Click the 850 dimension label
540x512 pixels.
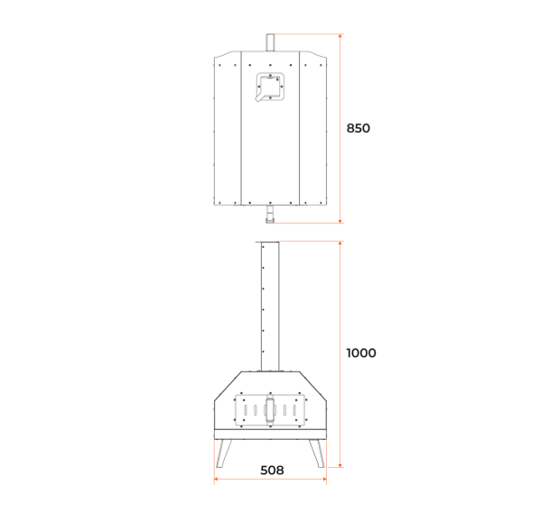(x=358, y=128)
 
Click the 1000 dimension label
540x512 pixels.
(x=361, y=353)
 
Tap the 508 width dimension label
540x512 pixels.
(x=272, y=471)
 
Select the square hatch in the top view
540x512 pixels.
(x=271, y=87)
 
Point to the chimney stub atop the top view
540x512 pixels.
(x=270, y=42)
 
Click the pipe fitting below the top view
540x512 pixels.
(x=270, y=214)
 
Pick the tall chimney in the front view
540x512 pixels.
(x=270, y=306)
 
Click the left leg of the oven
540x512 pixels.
(x=224, y=453)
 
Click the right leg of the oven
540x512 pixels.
(x=317, y=453)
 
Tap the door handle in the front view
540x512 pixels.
(x=270, y=410)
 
